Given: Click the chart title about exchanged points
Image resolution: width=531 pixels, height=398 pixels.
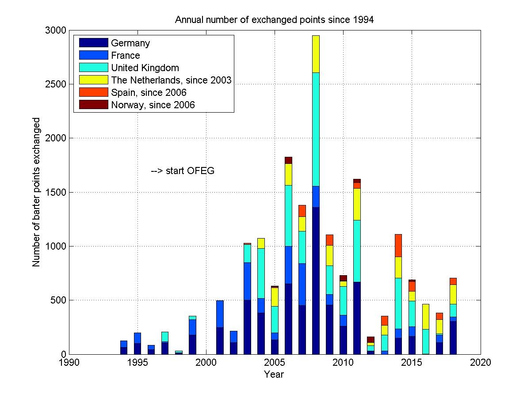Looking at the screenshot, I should pyautogui.click(x=275, y=20).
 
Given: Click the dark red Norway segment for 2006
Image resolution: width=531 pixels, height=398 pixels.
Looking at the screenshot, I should pyautogui.click(x=288, y=160).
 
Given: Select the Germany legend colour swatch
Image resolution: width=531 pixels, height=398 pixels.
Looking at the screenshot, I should pyautogui.click(x=93, y=43).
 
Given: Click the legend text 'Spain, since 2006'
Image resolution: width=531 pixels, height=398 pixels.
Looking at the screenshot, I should pyautogui.click(x=149, y=92).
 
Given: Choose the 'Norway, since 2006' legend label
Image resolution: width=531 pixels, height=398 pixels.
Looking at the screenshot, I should pyautogui.click(x=153, y=105).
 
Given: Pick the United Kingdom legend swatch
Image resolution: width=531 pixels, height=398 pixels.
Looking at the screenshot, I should pyautogui.click(x=93, y=68).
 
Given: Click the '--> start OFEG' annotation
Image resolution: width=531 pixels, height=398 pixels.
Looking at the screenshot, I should pyautogui.click(x=183, y=171).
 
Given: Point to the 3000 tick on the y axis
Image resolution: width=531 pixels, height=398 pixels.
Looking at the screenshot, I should pyautogui.click(x=55, y=30).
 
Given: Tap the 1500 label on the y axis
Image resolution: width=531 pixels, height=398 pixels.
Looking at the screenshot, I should pyautogui.click(x=55, y=192).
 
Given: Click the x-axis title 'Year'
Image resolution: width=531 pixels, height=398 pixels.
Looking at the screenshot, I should pyautogui.click(x=274, y=375).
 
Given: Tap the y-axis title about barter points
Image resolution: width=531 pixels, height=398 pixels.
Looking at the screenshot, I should pyautogui.click(x=36, y=192).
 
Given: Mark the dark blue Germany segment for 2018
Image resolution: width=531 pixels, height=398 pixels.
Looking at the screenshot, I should pyautogui.click(x=453, y=337).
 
